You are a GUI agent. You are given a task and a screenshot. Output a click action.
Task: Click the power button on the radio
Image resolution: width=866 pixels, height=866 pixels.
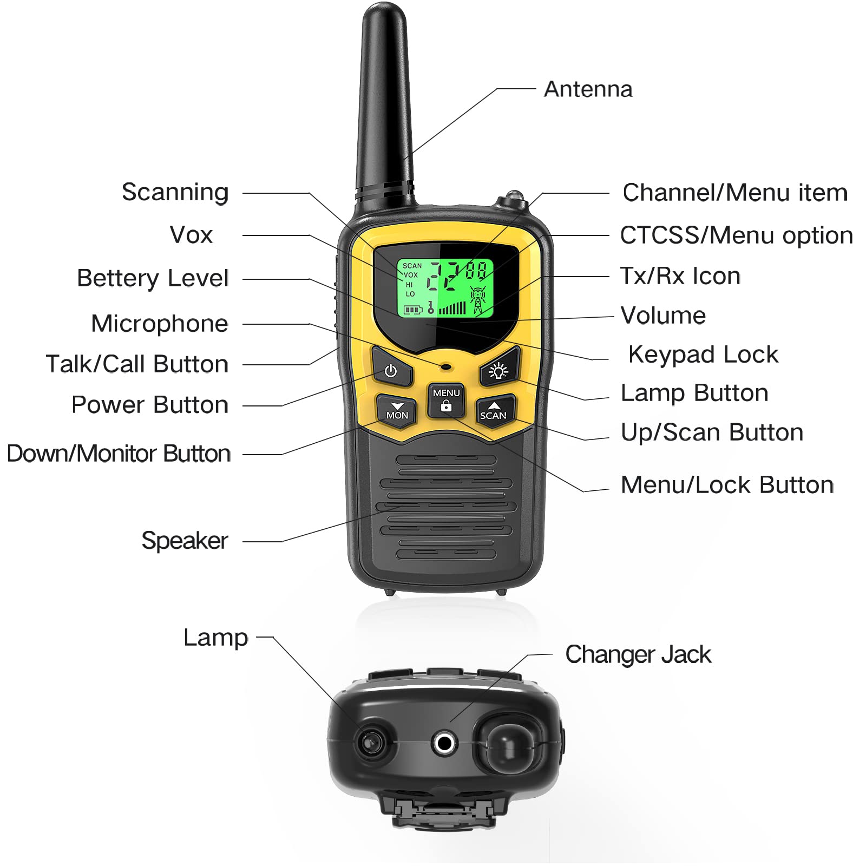pos(391,371)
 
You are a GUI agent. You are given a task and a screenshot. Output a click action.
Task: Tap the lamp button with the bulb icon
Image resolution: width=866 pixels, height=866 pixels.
pos(498,371)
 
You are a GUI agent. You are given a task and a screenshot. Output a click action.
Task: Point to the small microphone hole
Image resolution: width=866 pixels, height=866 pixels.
pos(446,367)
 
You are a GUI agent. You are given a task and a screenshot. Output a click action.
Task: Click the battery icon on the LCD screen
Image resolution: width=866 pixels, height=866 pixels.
pos(412,310)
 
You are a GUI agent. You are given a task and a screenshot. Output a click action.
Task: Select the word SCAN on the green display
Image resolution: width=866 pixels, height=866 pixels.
pos(412,266)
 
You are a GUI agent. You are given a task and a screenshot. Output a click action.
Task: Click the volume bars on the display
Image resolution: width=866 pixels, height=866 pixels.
pos(452,309)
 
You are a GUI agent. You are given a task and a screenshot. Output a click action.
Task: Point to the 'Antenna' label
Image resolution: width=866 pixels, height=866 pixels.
pos(588,89)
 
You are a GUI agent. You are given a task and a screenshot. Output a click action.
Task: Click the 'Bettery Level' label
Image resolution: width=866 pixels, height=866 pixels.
pos(153,278)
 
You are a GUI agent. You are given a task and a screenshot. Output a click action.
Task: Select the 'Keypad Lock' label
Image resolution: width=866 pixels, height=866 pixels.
pos(703,355)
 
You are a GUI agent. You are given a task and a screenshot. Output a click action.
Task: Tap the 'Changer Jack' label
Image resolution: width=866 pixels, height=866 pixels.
pos(638,654)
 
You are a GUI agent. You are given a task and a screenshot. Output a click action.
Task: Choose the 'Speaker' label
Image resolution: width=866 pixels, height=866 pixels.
pos(185,541)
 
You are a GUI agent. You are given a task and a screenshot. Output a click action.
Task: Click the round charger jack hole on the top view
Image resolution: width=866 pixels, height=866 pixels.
pos(445,743)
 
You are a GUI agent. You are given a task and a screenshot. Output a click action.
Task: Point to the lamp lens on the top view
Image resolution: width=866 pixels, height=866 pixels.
pos(371,741)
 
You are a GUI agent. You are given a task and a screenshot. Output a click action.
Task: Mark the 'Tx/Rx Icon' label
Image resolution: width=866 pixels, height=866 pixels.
pos(680,276)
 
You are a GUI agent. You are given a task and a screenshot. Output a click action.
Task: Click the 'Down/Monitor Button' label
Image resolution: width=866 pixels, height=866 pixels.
pos(119,454)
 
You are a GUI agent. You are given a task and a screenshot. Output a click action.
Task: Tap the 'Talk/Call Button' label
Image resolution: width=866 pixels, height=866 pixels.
pos(137,364)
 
